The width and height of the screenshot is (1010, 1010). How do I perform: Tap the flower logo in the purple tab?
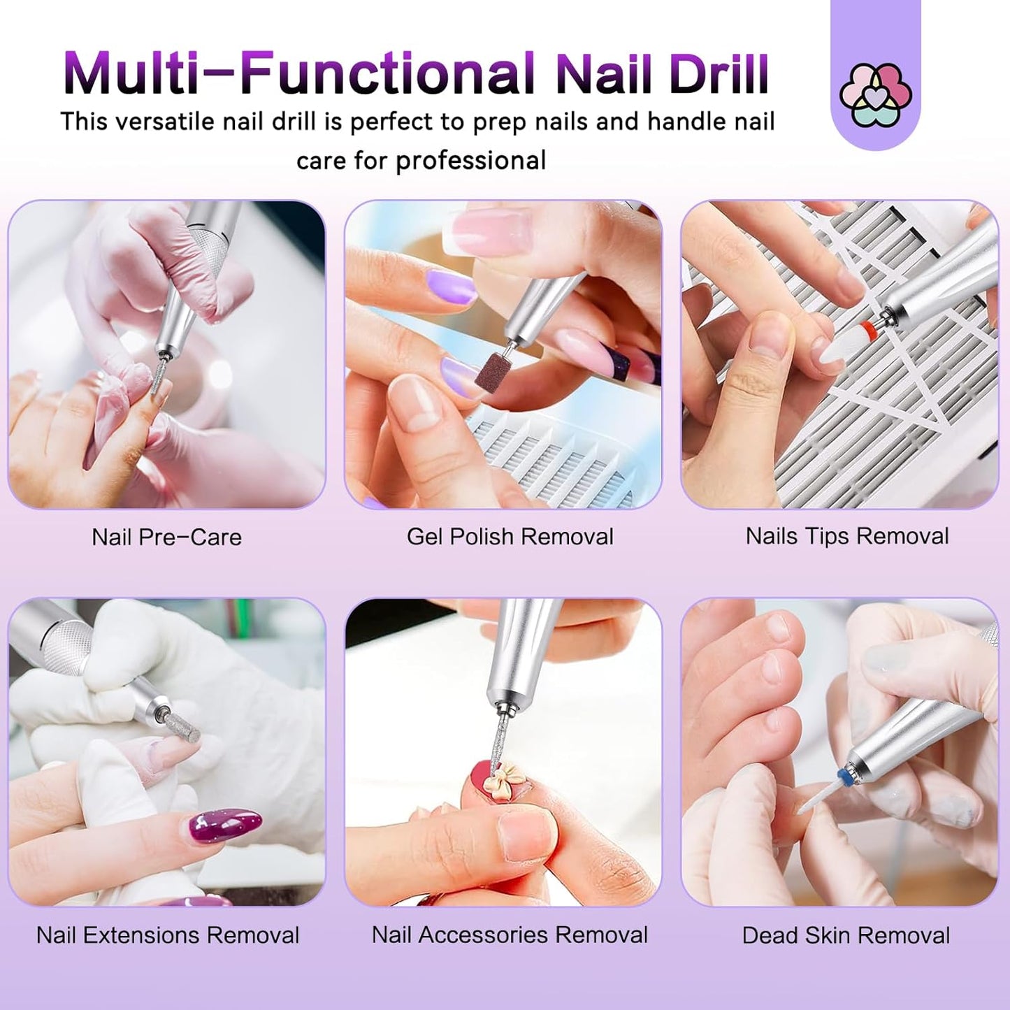coord(875,95)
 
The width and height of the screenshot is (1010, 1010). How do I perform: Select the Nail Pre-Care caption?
coord(166,537)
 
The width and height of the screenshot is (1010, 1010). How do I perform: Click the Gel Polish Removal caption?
coord(510,536)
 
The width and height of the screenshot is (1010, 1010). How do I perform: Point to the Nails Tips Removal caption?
coord(846,535)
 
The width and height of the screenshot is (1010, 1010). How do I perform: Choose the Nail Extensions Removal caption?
coord(168,935)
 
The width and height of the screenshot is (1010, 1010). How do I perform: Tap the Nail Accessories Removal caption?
coord(510,935)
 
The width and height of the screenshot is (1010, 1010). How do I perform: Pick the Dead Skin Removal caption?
coord(846,935)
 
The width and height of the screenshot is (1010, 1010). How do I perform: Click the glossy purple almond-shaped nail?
coord(224,825)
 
